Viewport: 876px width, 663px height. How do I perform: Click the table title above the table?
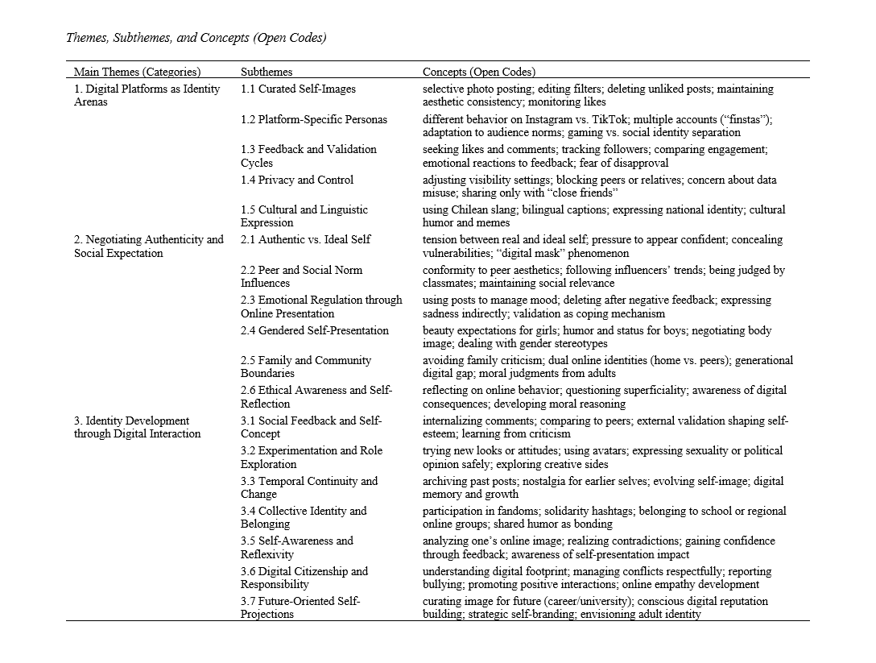(196, 37)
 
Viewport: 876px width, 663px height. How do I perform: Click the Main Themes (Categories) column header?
(137, 72)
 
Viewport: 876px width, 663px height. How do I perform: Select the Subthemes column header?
(267, 72)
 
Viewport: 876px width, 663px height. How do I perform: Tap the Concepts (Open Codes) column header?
(479, 72)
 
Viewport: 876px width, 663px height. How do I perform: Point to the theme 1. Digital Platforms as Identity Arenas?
(147, 95)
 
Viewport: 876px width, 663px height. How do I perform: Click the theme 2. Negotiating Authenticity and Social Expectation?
(149, 246)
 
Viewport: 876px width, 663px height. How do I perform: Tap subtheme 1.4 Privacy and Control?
(296, 180)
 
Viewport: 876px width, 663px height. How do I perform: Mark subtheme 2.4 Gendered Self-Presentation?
(314, 330)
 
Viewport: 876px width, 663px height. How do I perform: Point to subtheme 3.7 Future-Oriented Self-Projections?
(300, 607)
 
